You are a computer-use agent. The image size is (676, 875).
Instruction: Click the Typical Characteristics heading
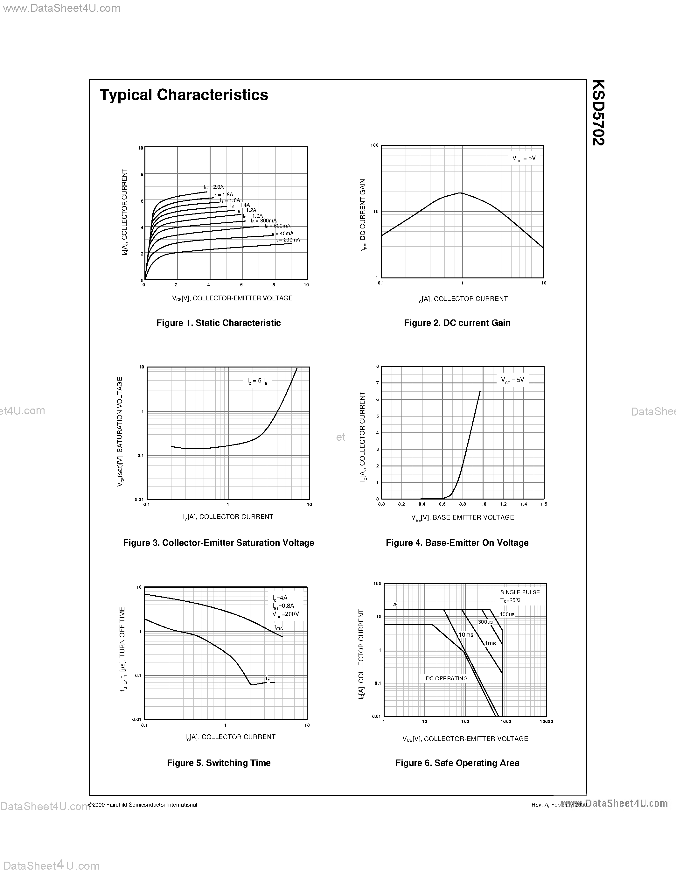[x=184, y=95]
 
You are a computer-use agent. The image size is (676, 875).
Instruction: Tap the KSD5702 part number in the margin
[x=598, y=113]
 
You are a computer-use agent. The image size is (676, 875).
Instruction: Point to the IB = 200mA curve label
[x=287, y=240]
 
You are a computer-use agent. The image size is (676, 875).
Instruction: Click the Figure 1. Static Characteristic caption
[x=218, y=323]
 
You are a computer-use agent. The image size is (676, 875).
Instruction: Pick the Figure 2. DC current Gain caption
[x=457, y=323]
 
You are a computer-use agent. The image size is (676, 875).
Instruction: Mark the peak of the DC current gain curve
[x=461, y=193]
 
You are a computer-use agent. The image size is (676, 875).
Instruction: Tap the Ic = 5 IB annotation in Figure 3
[x=257, y=381]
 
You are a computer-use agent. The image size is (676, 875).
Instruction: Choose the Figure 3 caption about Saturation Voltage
[x=218, y=543]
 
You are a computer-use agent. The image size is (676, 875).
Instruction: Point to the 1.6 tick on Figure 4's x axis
[x=543, y=504]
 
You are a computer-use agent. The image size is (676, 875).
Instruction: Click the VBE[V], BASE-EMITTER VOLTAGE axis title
[x=463, y=518]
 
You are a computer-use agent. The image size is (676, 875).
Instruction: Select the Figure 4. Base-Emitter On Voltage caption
[x=457, y=543]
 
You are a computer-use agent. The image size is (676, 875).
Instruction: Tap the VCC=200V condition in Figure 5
[x=286, y=614]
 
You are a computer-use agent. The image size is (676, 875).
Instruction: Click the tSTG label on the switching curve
[x=278, y=627]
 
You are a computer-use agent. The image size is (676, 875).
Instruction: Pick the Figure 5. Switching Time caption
[x=219, y=763]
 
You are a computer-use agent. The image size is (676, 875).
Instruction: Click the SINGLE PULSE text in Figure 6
[x=520, y=592]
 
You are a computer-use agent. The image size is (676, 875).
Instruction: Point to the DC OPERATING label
[x=447, y=678]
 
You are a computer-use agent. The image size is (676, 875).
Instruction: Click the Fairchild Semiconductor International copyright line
[x=143, y=805]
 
